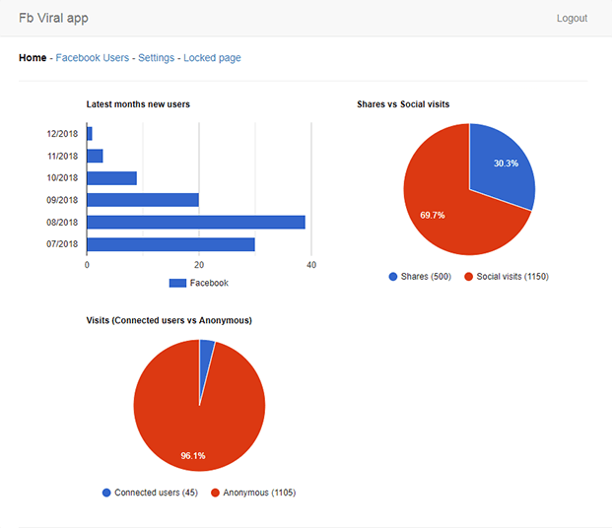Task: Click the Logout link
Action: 572,19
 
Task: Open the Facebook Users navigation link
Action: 92,58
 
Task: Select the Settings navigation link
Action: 156,58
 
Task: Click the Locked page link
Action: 212,58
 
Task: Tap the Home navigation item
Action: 33,58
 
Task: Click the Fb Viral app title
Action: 55,19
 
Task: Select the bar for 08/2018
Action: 196,222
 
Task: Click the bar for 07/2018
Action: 170,244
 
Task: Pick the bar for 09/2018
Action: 143,200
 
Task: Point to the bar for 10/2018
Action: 111,178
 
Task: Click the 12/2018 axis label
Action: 62,134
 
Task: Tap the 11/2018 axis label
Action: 62,156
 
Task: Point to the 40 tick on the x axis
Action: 311,265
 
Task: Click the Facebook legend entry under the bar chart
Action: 199,283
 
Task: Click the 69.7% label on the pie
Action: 432,214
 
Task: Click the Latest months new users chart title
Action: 138,103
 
